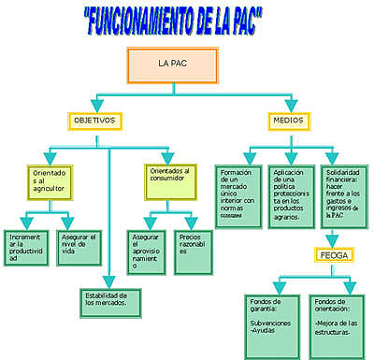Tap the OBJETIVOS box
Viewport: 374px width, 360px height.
point(95,121)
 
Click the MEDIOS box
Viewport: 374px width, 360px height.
point(287,121)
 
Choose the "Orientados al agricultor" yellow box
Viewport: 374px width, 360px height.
point(48,180)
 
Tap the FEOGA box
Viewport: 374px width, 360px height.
point(333,253)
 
